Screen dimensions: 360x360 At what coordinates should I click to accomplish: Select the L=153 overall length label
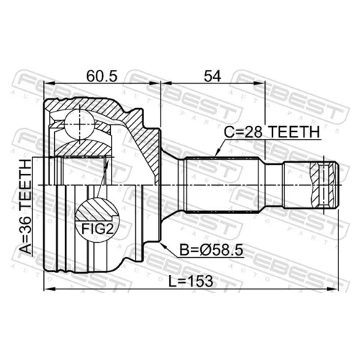point(191,282)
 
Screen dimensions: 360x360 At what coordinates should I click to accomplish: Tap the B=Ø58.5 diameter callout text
point(212,251)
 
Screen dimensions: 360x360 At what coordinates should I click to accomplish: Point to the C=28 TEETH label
point(272,132)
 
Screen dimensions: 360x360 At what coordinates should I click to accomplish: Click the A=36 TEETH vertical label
point(25,207)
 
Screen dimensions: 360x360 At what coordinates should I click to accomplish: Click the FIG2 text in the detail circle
point(97,229)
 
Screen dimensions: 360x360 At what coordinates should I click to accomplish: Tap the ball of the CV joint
point(79,124)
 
